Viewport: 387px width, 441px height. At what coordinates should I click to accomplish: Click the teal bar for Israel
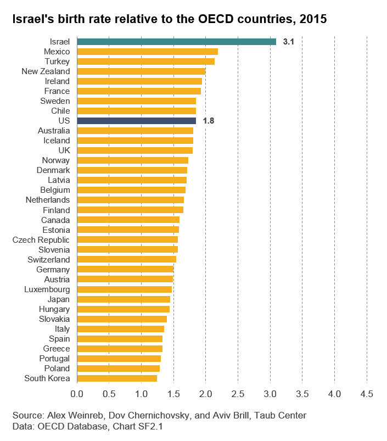coord(177,42)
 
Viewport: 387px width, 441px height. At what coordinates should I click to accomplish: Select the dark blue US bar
coord(136,121)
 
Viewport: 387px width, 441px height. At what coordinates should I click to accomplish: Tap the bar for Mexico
coord(147,52)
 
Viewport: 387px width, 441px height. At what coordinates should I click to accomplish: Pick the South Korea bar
coord(117,378)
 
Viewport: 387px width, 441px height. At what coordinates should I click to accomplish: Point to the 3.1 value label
coord(288,42)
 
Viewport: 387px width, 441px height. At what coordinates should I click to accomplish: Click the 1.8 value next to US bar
coord(209,121)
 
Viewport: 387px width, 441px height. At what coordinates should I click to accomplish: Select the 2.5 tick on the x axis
coord(238,394)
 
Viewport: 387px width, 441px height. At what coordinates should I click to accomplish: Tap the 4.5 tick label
coord(367,394)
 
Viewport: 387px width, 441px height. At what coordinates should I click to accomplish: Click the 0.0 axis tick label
coord(77,394)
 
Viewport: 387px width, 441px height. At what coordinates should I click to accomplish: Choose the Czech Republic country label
coord(41,240)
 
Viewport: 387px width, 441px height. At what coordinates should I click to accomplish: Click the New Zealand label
coord(46,71)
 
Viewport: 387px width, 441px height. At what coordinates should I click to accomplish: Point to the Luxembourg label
coord(47,289)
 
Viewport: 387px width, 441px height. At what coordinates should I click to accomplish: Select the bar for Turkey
coord(146,62)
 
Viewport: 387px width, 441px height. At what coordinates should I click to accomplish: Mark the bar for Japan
coord(124,299)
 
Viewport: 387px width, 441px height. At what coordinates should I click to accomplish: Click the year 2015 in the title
coord(313,19)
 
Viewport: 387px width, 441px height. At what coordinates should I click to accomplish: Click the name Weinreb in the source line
coord(87,415)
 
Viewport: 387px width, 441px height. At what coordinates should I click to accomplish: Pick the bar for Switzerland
coord(126,259)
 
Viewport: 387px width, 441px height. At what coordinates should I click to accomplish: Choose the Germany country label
coord(53,270)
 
